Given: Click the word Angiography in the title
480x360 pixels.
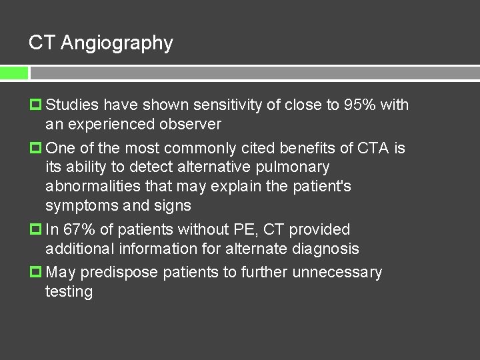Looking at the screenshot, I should [x=117, y=44].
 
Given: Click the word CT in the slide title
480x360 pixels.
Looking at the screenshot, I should [x=41, y=43].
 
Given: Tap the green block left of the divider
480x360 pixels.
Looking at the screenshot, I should [x=14, y=73].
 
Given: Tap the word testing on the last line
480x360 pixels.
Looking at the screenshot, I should [x=69, y=292].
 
